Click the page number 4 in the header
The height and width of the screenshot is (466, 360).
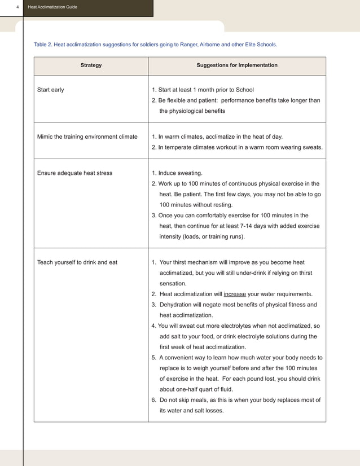pyautogui.click(x=17, y=7)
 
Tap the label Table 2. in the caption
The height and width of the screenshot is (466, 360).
pyautogui.click(x=42, y=44)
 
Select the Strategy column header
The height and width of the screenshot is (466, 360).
pyautogui.click(x=91, y=65)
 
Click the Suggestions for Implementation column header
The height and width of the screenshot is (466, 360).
pyautogui.click(x=237, y=65)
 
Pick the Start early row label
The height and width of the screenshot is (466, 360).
pyautogui.click(x=50, y=90)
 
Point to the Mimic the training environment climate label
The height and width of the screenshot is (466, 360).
pyautogui.click(x=87, y=137)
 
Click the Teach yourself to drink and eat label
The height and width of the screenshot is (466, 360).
pyautogui.click(x=77, y=262)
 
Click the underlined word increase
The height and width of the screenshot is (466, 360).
pyautogui.click(x=235, y=294)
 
